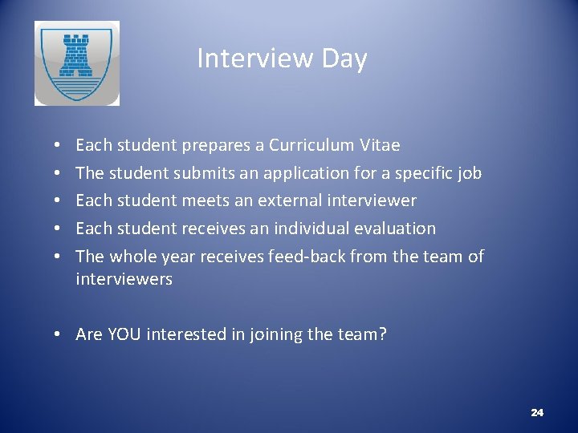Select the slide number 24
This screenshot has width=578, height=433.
[537, 412]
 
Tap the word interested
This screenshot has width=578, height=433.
[190, 334]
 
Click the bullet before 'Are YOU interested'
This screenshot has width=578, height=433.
[61, 334]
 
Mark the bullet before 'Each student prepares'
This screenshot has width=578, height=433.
[61, 146]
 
